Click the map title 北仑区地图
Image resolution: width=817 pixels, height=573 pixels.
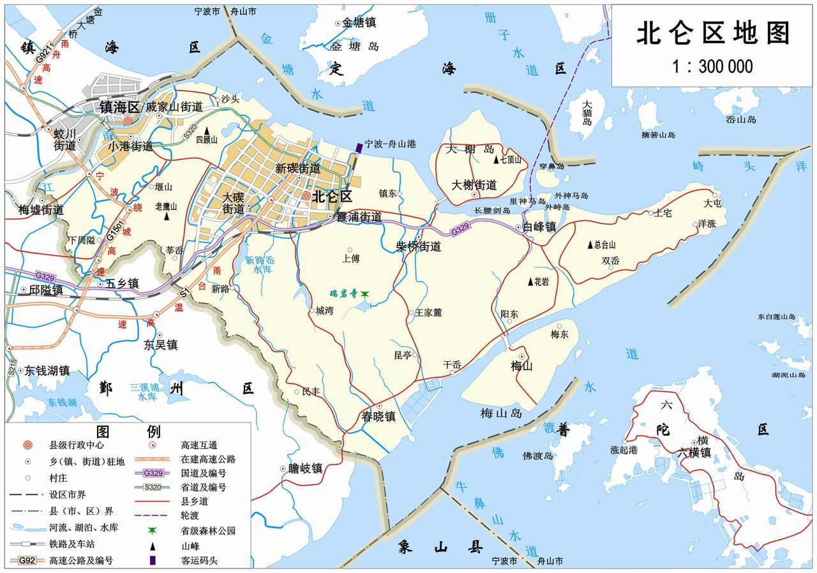tap(713, 34)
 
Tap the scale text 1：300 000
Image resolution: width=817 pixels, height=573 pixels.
tap(712, 66)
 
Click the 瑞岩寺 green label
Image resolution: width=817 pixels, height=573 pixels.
tap(343, 294)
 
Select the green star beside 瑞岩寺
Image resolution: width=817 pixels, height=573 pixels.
tap(364, 294)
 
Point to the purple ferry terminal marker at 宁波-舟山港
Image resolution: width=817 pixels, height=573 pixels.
tap(359, 147)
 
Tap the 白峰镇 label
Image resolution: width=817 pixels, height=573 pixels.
tap(539, 227)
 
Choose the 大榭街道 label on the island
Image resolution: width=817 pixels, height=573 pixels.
tap(474, 185)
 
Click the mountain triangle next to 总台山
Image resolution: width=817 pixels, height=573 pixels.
tap(590, 244)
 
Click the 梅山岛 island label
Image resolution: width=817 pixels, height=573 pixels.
tap(501, 413)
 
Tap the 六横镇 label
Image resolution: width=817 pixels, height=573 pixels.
tap(694, 452)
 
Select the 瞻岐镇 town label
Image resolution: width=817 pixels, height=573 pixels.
tap(305, 468)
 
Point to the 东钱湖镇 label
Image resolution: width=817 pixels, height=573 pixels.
tap(47, 370)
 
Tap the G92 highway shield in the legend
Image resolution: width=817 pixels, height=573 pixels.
tap(26, 561)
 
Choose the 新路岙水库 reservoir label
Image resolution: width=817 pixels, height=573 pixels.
tap(259, 265)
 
